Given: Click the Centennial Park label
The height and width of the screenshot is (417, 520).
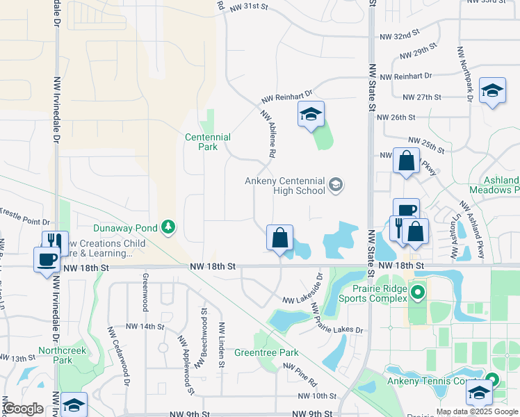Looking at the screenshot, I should pos(207,142).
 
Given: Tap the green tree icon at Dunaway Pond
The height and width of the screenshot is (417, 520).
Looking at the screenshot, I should pos(168,227).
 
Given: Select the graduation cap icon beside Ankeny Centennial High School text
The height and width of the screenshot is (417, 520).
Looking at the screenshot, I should pos(336,184).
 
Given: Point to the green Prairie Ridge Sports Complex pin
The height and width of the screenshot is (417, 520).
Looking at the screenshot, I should pos(417,293).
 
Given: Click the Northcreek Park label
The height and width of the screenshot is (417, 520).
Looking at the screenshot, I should pos(63,355).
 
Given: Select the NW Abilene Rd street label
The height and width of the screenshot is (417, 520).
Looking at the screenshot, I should pos(270,133).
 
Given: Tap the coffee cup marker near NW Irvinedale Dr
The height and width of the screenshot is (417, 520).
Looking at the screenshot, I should pos(47,259).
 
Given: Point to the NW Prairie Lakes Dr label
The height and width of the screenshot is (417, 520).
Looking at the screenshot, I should pos(336,318).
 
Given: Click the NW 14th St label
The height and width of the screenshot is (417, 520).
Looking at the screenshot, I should pos(145,326).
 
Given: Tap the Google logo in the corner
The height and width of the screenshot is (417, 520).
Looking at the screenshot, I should pos(23,409).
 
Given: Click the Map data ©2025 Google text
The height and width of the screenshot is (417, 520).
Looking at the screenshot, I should pos(477,411).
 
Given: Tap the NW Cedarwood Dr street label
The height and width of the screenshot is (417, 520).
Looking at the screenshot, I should pos(119,356).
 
